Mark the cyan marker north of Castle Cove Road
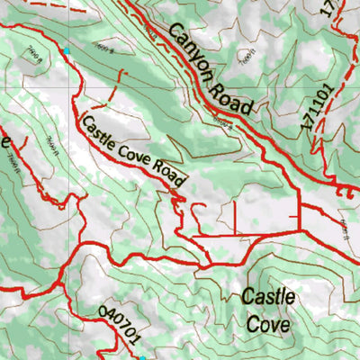(66, 50)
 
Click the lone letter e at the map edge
(4, 142)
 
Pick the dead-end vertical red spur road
(235, 217)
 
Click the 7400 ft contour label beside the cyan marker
(34, 56)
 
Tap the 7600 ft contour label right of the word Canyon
(245, 56)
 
